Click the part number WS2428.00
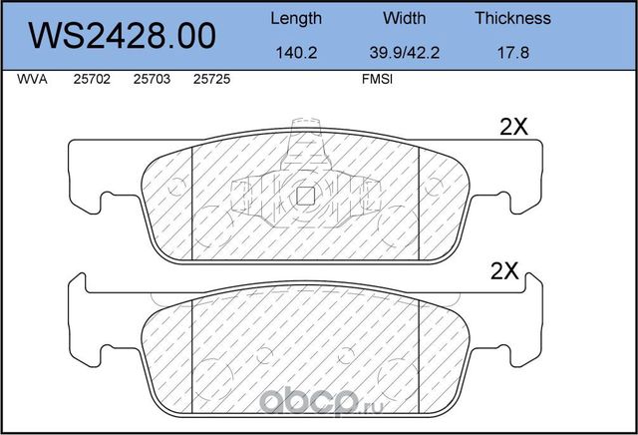(x=122, y=36)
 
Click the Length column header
(x=296, y=19)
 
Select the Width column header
(x=404, y=18)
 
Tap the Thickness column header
(x=513, y=18)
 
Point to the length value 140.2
(x=296, y=53)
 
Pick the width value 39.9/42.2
(x=404, y=53)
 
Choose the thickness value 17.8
(x=513, y=53)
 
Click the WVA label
(x=32, y=79)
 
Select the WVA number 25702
(x=92, y=79)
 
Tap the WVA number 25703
(x=152, y=79)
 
